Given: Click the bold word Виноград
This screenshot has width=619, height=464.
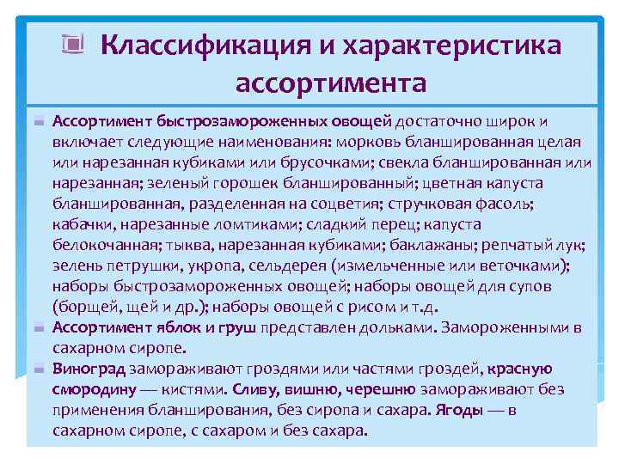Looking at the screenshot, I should [x=89, y=369].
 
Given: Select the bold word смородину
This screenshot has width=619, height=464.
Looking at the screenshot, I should [x=90, y=389].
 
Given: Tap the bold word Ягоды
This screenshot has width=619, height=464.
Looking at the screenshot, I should [x=460, y=410].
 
